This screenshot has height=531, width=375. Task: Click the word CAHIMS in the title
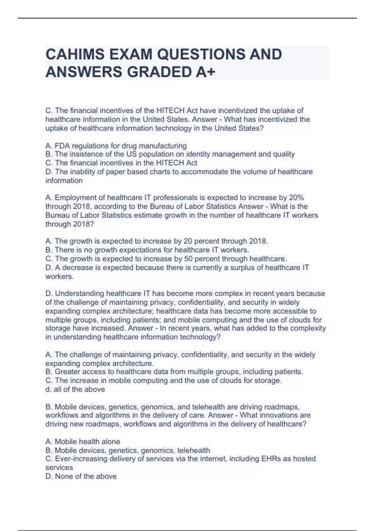click(75, 54)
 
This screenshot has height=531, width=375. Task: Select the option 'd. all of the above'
click(75, 390)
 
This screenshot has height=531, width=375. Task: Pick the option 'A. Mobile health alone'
click(82, 442)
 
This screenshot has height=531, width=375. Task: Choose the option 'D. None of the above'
click(81, 476)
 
